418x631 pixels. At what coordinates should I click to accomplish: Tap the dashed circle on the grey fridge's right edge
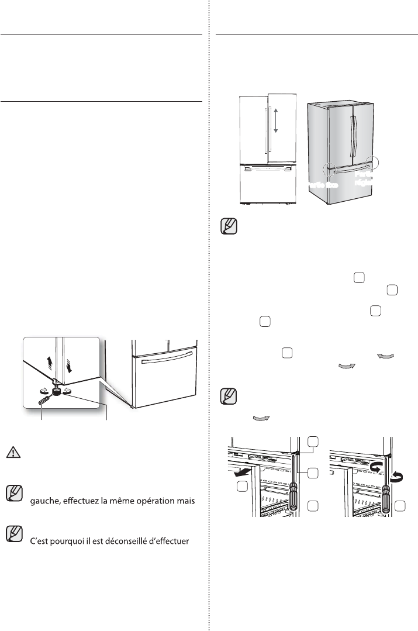tap(371, 162)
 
